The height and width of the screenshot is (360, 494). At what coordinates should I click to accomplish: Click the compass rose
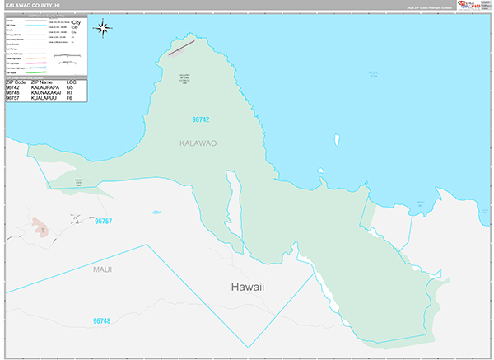coord(104,29)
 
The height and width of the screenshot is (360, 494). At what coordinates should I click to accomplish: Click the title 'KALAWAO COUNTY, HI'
coord(34,5)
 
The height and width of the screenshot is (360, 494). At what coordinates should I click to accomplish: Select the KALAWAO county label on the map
coord(198,143)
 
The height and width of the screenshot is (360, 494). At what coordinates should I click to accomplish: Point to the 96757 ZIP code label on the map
coord(103,222)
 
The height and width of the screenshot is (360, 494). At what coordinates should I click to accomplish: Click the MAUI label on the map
coord(102,269)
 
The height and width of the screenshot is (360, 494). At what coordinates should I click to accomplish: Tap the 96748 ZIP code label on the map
coord(101,320)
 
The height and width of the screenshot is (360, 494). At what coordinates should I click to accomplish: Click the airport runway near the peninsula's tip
coord(182,47)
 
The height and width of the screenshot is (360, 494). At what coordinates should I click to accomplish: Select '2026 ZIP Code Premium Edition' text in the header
coord(429,7)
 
